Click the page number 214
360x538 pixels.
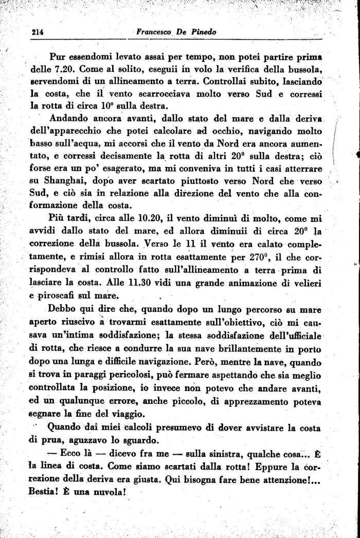pos(35,32)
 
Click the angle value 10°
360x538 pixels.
pos(97,107)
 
